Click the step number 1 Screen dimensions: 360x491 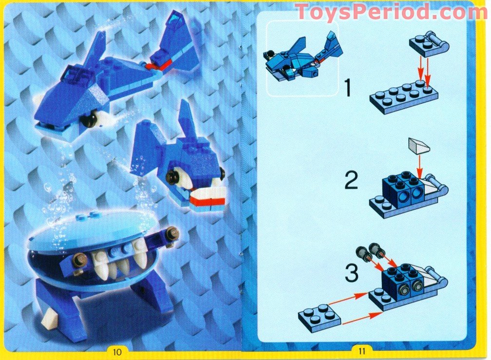click(348, 88)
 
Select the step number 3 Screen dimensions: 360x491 click(351, 274)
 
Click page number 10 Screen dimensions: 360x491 click(116, 350)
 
